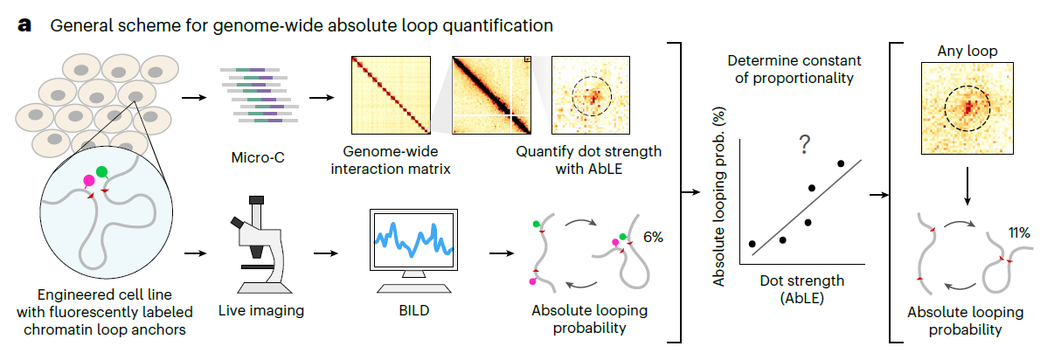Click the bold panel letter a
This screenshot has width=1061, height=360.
[x=24, y=25]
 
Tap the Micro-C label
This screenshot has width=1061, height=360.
[x=258, y=157]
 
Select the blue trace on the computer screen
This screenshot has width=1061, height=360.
[x=414, y=239]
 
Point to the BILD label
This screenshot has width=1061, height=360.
[x=414, y=310]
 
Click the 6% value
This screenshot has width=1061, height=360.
[x=653, y=237]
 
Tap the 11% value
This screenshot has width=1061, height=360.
[x=1019, y=232]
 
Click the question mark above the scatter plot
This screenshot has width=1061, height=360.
[x=805, y=144]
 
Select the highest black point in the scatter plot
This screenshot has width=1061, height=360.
[x=841, y=163]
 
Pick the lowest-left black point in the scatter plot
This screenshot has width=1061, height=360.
[x=752, y=244]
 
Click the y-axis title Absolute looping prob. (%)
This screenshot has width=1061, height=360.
[x=719, y=197]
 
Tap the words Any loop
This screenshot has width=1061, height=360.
[x=967, y=51]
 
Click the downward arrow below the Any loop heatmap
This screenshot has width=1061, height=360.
[x=967, y=186]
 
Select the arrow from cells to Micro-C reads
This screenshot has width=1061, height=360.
[x=194, y=98]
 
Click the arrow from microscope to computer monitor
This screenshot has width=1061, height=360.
[x=325, y=253]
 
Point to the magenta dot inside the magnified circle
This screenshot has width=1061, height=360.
[x=88, y=181]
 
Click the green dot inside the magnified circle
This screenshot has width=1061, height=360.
[x=101, y=171]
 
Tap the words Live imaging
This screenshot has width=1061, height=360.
[x=261, y=311]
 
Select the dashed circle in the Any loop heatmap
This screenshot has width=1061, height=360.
[x=945, y=108]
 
